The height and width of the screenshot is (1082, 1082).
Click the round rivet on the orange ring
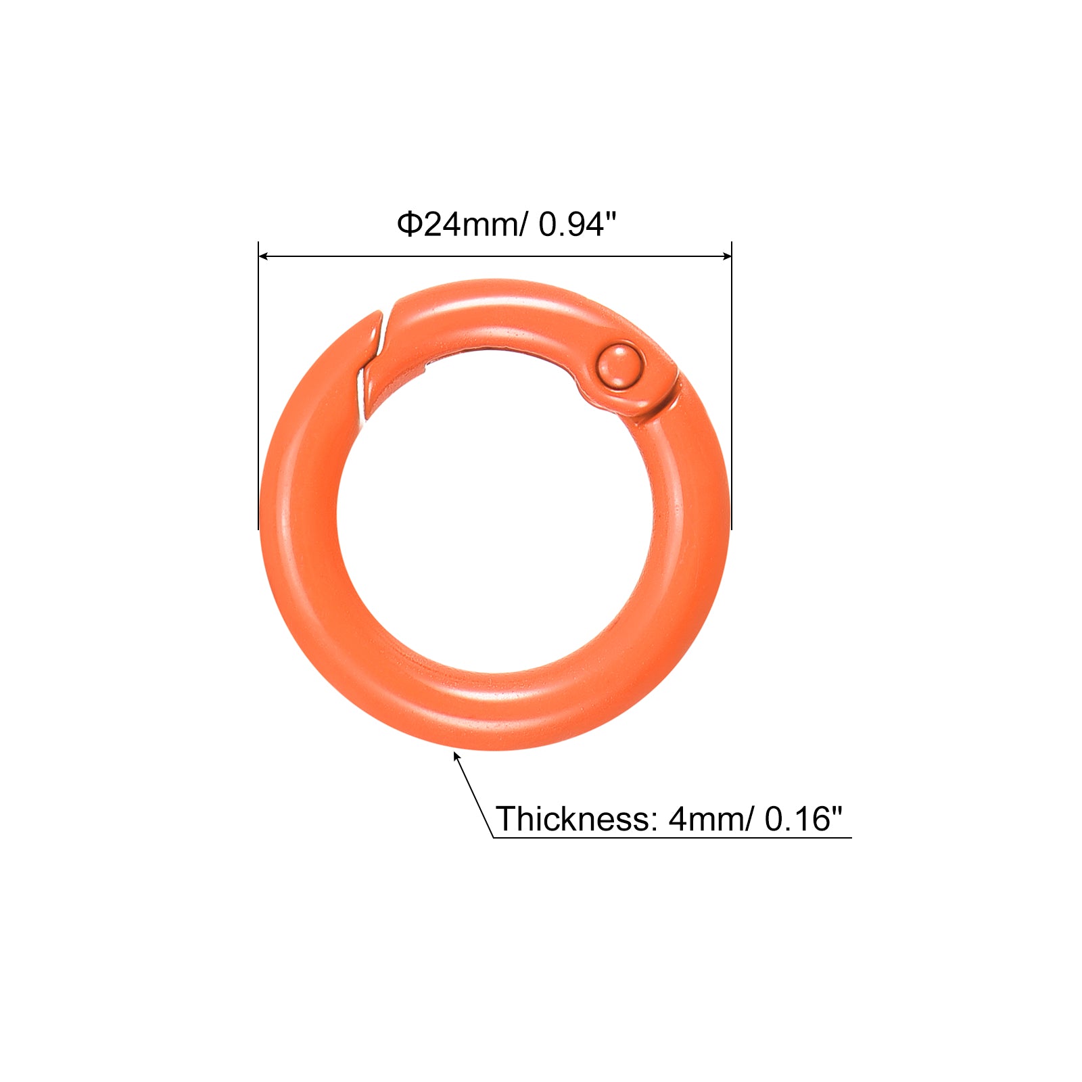(620, 366)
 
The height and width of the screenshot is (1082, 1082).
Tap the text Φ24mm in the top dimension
(459, 224)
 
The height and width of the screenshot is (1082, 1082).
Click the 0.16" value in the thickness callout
(804, 818)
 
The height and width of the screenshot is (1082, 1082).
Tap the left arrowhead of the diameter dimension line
(264, 256)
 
